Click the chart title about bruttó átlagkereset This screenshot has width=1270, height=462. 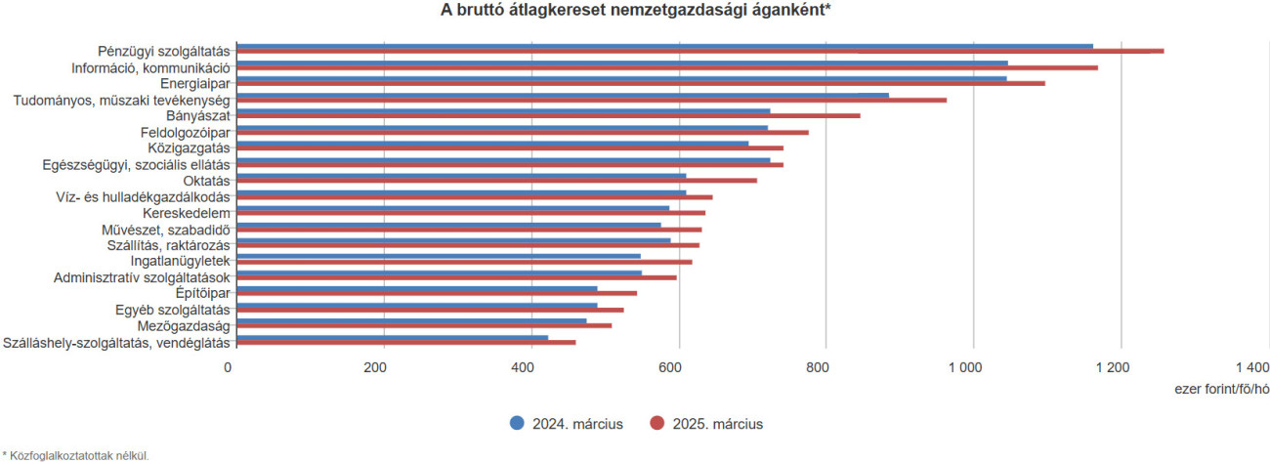pos(635,11)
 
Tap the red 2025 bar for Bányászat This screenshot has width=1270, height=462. pos(548,116)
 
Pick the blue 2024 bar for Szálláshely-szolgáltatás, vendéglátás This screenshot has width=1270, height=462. pos(392,337)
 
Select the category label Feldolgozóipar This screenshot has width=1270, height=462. pos(186,132)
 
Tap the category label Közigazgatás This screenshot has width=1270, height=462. pos(189,148)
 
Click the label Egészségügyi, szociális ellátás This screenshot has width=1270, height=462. pos(136,164)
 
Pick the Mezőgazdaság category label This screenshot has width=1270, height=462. pos(184,325)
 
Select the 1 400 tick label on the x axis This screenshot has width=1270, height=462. pos(1251,368)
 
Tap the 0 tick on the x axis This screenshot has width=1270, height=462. pos(229,368)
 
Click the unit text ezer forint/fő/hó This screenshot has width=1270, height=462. pos(1221,389)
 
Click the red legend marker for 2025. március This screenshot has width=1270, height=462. pos(656,424)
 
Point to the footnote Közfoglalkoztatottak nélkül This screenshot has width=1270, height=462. pos(78,455)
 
